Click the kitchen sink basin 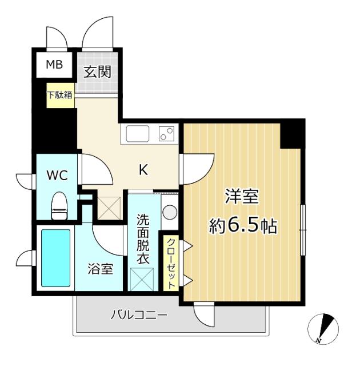coord(138,136)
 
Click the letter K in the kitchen coord(145,169)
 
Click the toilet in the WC coord(59,206)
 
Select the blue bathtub coord(55,258)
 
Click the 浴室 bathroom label coord(100,268)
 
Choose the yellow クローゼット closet coord(171,263)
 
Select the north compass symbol coord(323,330)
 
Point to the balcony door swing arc coord(203,313)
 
